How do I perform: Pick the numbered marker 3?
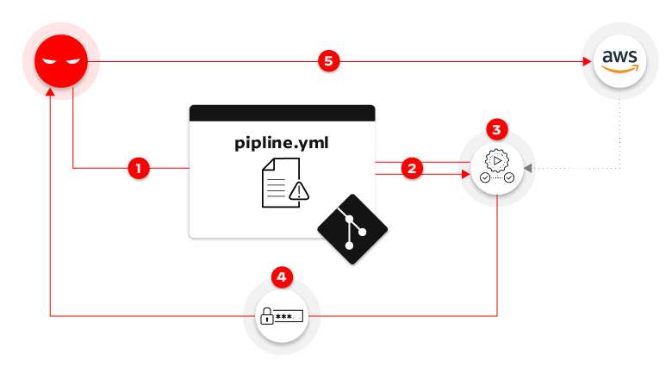click(496, 130)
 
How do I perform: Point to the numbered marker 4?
click(282, 277)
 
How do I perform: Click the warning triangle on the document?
click(298, 191)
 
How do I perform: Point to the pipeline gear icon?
click(496, 162)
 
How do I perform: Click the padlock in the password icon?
click(267, 317)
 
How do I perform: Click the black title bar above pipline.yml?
click(282, 113)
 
